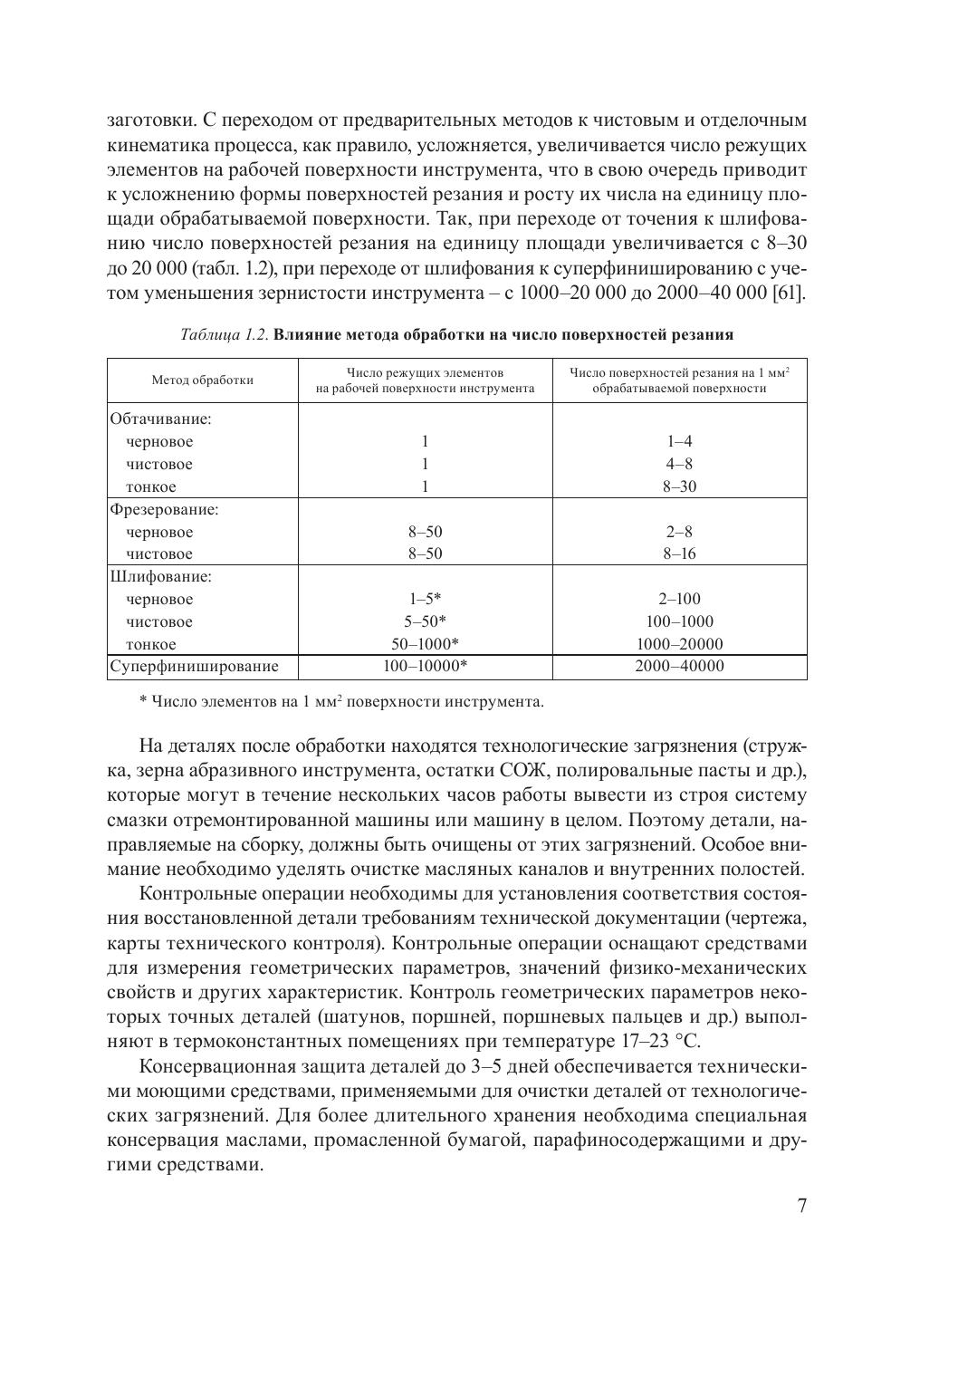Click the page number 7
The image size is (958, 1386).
pyautogui.click(x=801, y=1206)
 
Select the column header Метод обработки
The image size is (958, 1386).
pyautogui.click(x=202, y=380)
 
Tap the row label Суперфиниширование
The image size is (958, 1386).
pyautogui.click(x=194, y=668)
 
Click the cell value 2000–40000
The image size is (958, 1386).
pyautogui.click(x=679, y=668)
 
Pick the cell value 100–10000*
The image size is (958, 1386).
pyautogui.click(x=425, y=668)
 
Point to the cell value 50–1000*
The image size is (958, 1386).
pyautogui.click(x=425, y=645)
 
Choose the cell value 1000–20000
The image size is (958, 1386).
pyautogui.click(x=679, y=645)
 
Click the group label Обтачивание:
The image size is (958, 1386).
pyautogui.click(x=160, y=419)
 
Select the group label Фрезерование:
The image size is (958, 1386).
pyautogui.click(x=164, y=510)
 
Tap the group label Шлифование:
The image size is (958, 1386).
pyautogui.click(x=161, y=577)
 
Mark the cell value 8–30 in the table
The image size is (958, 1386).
pyautogui.click(x=679, y=486)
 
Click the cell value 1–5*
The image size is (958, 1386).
pyautogui.click(x=425, y=600)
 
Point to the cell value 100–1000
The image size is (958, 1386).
pyautogui.click(x=679, y=622)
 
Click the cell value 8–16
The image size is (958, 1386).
pyautogui.click(x=679, y=554)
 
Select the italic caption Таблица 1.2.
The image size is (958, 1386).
pyautogui.click(x=225, y=335)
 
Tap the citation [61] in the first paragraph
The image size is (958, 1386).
pyautogui.click(x=788, y=294)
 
